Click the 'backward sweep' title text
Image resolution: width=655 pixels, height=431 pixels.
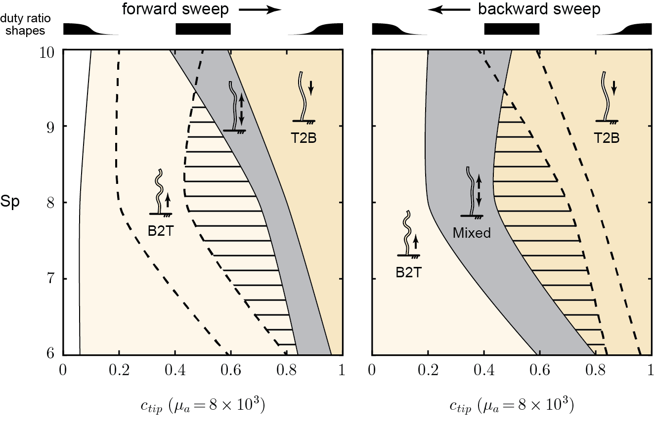tap(539, 9)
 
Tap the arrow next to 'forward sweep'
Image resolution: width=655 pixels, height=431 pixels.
tap(260, 10)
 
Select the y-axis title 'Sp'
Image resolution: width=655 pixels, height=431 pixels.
tap(13, 203)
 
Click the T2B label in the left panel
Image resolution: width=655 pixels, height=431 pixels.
tap(303, 138)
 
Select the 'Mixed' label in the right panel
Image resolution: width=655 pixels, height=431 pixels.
tap(472, 233)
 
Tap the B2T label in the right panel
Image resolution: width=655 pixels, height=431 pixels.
tap(408, 272)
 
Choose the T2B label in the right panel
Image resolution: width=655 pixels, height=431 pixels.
tap(606, 138)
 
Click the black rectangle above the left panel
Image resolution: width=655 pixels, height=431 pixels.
tap(203, 29)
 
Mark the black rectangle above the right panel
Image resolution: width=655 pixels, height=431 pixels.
tap(512, 29)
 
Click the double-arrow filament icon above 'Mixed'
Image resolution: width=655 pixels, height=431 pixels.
tap(472, 193)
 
